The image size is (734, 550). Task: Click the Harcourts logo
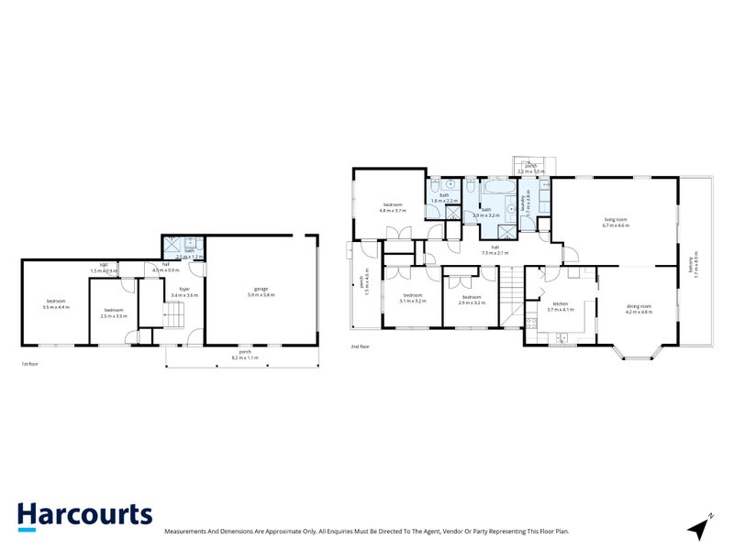click(84, 515)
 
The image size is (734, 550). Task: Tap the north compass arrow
click(701, 527)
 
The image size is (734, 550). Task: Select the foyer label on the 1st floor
click(184, 292)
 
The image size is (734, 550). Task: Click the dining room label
click(639, 308)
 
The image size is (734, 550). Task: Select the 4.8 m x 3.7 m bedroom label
click(393, 207)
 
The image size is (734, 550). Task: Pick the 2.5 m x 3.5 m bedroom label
click(114, 313)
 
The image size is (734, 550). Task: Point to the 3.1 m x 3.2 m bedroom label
click(411, 298)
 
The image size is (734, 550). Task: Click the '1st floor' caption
click(31, 364)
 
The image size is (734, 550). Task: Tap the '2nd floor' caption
click(360, 346)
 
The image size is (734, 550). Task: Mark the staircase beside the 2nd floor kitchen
click(511, 296)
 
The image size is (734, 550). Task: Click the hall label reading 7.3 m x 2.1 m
click(495, 249)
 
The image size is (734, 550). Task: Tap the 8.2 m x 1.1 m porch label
click(245, 355)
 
